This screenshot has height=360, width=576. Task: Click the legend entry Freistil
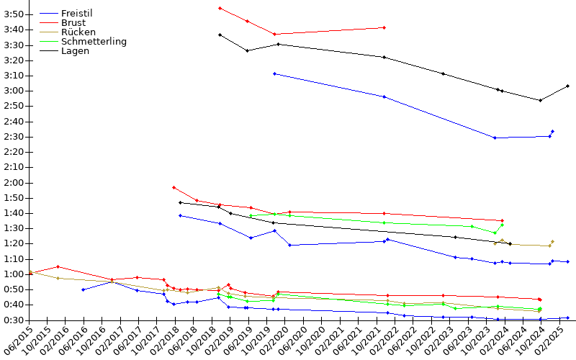pos(77,13)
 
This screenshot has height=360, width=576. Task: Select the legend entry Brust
pos(73,23)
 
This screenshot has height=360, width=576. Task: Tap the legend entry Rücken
pos(78,32)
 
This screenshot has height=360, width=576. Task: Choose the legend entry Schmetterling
pos(94,42)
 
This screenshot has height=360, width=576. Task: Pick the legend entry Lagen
pos(75,51)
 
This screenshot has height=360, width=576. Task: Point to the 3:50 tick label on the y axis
pos(14,14)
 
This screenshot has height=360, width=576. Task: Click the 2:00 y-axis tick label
pos(14,183)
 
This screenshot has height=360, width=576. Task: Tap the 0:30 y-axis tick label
pos(14,320)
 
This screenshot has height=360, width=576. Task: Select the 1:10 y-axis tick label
pos(14,259)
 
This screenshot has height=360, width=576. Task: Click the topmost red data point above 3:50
pos(220,8)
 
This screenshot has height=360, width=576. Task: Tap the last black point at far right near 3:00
pos(567,86)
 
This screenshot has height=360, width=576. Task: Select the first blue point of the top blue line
pos(274,74)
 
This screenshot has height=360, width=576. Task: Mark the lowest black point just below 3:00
pos(540,100)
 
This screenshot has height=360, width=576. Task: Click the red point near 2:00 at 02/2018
pos(174,187)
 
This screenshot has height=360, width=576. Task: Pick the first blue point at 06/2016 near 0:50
pos(83,290)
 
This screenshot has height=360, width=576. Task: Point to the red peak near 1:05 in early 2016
pos(58,266)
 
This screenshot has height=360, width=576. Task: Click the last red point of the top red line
pos(384,27)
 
